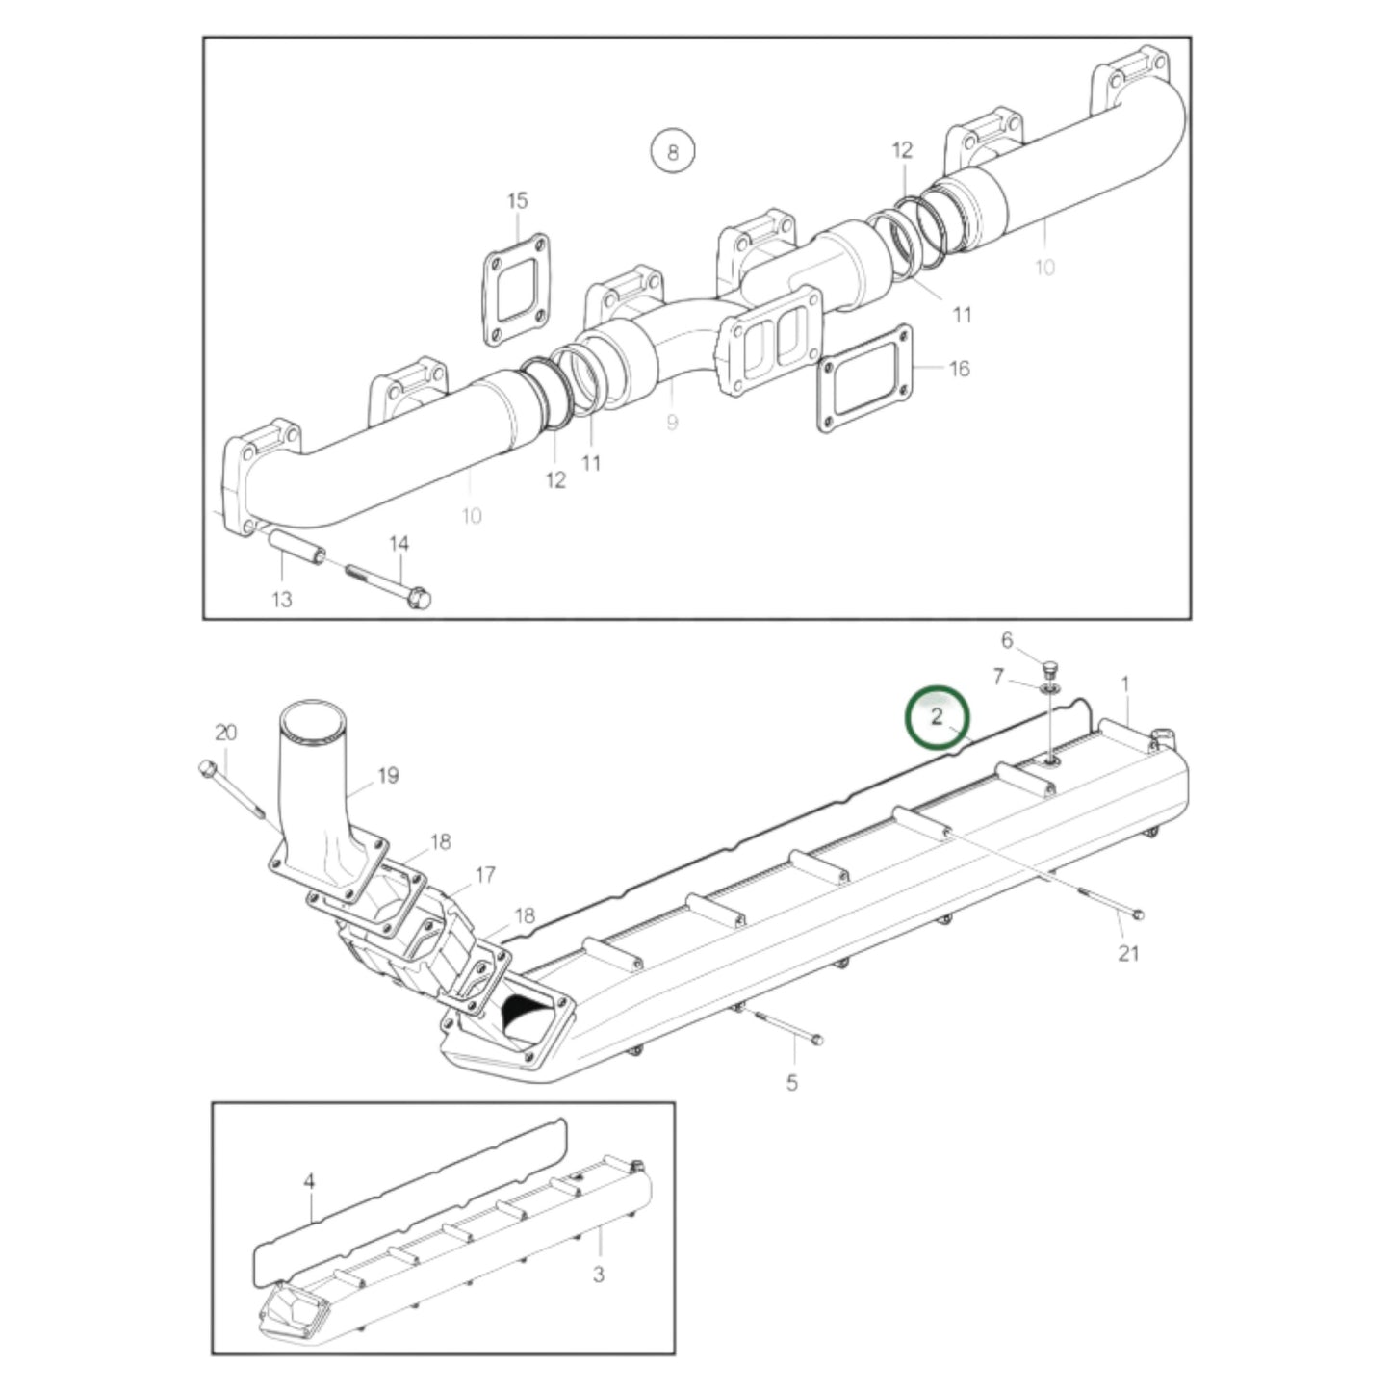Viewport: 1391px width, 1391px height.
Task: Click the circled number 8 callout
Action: (673, 152)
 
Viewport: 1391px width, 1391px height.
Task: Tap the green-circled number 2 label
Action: (937, 717)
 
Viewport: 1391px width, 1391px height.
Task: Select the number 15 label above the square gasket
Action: (518, 200)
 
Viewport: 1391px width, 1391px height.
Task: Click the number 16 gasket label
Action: (959, 369)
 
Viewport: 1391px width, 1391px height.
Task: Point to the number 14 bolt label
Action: (399, 544)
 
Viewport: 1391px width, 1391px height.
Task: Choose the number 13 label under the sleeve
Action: (281, 599)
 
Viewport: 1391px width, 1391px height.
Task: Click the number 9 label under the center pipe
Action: (672, 423)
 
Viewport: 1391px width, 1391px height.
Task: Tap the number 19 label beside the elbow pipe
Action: (388, 776)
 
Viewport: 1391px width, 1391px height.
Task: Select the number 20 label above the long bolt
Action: (226, 733)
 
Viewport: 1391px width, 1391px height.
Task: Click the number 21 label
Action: (1129, 954)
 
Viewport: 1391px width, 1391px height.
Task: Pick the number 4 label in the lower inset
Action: (309, 1182)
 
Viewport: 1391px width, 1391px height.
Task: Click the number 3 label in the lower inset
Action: (599, 1275)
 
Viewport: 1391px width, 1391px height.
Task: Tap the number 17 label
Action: (486, 875)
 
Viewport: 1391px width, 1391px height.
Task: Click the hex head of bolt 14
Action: (419, 599)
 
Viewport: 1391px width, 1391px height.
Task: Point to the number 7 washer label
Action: (998, 677)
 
